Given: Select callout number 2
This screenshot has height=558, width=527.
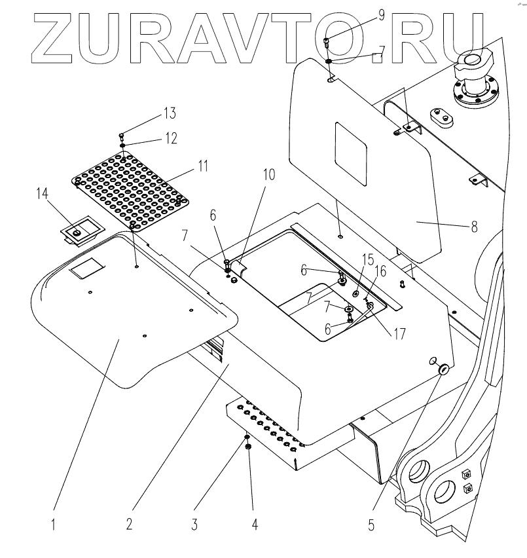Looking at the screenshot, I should click(130, 524).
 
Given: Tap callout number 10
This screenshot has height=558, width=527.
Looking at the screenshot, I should click(270, 176).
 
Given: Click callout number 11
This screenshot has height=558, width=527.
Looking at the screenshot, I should click(203, 166).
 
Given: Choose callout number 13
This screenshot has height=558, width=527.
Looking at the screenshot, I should click(169, 114).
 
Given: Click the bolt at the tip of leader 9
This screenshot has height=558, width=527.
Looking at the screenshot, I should click(327, 43).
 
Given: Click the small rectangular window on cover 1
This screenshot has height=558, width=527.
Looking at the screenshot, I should click(87, 268).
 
